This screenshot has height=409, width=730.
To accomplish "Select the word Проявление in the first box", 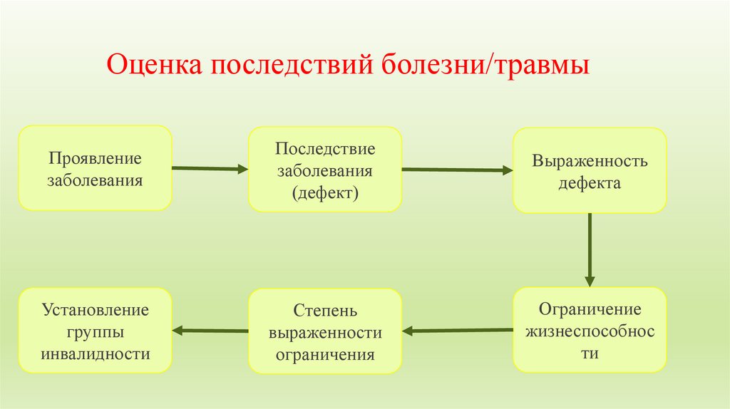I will coord(95,157).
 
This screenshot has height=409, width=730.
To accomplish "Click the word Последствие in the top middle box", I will coord(325,150).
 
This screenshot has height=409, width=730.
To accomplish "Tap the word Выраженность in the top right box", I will coord(590,160).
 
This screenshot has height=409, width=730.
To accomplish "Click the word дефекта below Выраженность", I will coord(590,183).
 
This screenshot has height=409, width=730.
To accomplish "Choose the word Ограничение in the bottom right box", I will coord(590,309).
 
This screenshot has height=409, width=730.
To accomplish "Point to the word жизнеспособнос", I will coord(590,331).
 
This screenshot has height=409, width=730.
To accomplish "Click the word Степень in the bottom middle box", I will coord(324,311).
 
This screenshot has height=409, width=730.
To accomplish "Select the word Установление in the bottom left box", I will coord(95,310).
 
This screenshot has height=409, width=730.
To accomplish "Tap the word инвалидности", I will coord(95,354).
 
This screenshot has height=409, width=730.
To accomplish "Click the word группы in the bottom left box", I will coord(95,332).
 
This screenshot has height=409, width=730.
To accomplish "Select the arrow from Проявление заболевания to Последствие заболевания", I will coord(210,168).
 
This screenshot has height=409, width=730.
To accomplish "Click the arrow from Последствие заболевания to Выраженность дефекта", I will coord(457,170).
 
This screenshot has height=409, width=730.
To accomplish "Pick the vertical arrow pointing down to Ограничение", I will coord(590,249).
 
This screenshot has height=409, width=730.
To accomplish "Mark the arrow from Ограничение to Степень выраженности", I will coord(457,330).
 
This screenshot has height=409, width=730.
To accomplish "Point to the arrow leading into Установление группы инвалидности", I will coord(210,330).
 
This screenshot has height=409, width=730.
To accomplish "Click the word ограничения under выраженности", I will coord(324,355).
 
